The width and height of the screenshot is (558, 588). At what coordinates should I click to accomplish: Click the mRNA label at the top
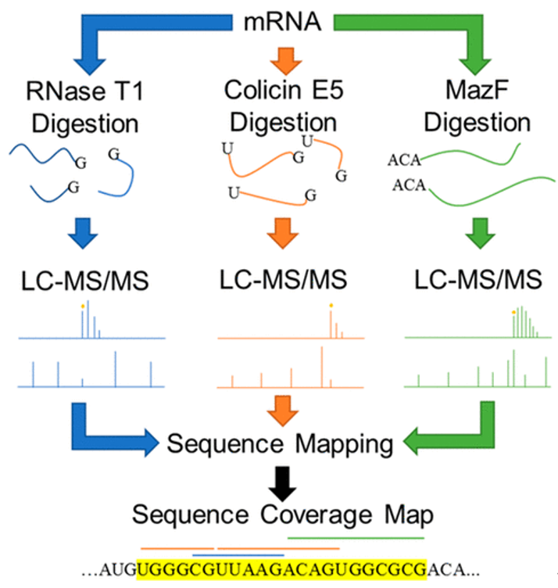pyautogui.click(x=283, y=21)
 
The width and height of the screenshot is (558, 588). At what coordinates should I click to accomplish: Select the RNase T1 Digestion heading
pyautogui.click(x=85, y=107)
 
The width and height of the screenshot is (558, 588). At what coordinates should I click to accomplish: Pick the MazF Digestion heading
pyautogui.click(x=477, y=106)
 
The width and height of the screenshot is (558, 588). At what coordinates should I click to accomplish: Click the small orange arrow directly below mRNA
pyautogui.click(x=286, y=61)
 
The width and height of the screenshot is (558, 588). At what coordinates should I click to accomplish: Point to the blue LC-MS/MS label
pyautogui.click(x=85, y=281)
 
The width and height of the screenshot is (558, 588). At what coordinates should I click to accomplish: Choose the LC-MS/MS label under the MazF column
pyautogui.click(x=478, y=280)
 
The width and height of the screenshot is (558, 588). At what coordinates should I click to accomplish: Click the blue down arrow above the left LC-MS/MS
pyautogui.click(x=83, y=233)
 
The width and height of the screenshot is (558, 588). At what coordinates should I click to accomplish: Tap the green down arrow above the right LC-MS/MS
pyautogui.click(x=480, y=233)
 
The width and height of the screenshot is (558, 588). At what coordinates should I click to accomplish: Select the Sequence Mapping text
pyautogui.click(x=280, y=444)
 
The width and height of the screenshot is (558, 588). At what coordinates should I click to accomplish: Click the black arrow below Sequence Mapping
pyautogui.click(x=283, y=484)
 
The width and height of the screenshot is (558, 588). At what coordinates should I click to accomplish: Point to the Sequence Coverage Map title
pyautogui.click(x=283, y=514)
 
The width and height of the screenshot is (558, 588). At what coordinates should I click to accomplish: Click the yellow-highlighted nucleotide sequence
pyautogui.click(x=281, y=569)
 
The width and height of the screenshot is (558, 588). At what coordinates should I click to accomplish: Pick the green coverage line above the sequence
pyautogui.click(x=356, y=538)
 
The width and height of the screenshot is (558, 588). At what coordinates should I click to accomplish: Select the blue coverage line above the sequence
pyautogui.click(x=238, y=555)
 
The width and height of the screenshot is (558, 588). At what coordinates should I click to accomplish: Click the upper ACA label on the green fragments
pyautogui.click(x=404, y=160)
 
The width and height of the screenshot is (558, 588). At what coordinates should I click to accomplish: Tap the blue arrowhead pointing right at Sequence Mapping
pyautogui.click(x=152, y=443)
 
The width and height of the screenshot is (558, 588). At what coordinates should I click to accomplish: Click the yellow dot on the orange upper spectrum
pyautogui.click(x=331, y=306)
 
